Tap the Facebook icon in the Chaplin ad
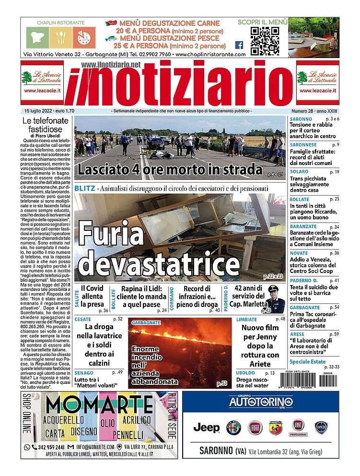pyautogui.click(x=239, y=45)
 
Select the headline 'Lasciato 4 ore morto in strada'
pyautogui.click(x=171, y=169)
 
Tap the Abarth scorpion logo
pyautogui.click(x=276, y=427)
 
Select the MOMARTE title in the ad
pyautogui.click(x=99, y=406)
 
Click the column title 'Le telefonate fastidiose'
pyautogui.click(x=47, y=125)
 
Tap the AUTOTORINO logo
pyautogui.click(x=260, y=402)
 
